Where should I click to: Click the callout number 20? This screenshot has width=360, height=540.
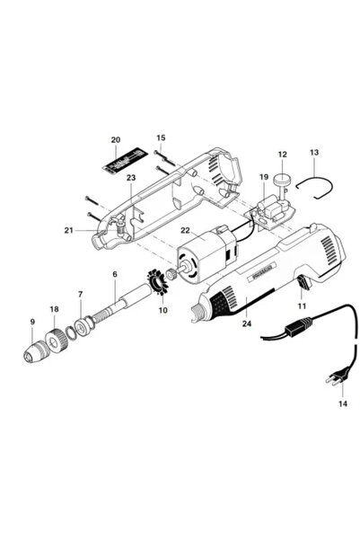pos(115,140)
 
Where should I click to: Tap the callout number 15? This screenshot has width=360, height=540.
pos(161,138)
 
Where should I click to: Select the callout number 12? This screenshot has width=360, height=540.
pos(282,154)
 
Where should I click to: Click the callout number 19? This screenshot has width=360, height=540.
pos(264,177)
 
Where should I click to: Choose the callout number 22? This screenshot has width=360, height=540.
pos(186,231)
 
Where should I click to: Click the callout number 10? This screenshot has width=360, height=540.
pos(162,311)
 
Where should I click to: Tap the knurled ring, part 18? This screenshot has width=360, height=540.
pos(58,340)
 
